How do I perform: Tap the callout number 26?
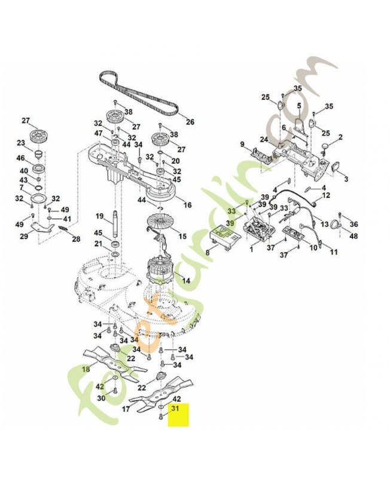(190, 122)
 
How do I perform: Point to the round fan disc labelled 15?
(160, 226)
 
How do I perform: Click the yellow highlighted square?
(178, 415)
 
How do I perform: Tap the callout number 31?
(175, 409)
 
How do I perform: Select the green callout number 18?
(86, 369)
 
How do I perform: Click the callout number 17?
(126, 409)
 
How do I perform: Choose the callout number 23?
(20, 143)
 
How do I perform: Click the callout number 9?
(243, 144)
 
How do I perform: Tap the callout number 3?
(346, 178)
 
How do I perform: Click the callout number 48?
(354, 236)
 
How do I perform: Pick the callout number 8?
(208, 253)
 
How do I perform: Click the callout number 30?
(100, 398)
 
